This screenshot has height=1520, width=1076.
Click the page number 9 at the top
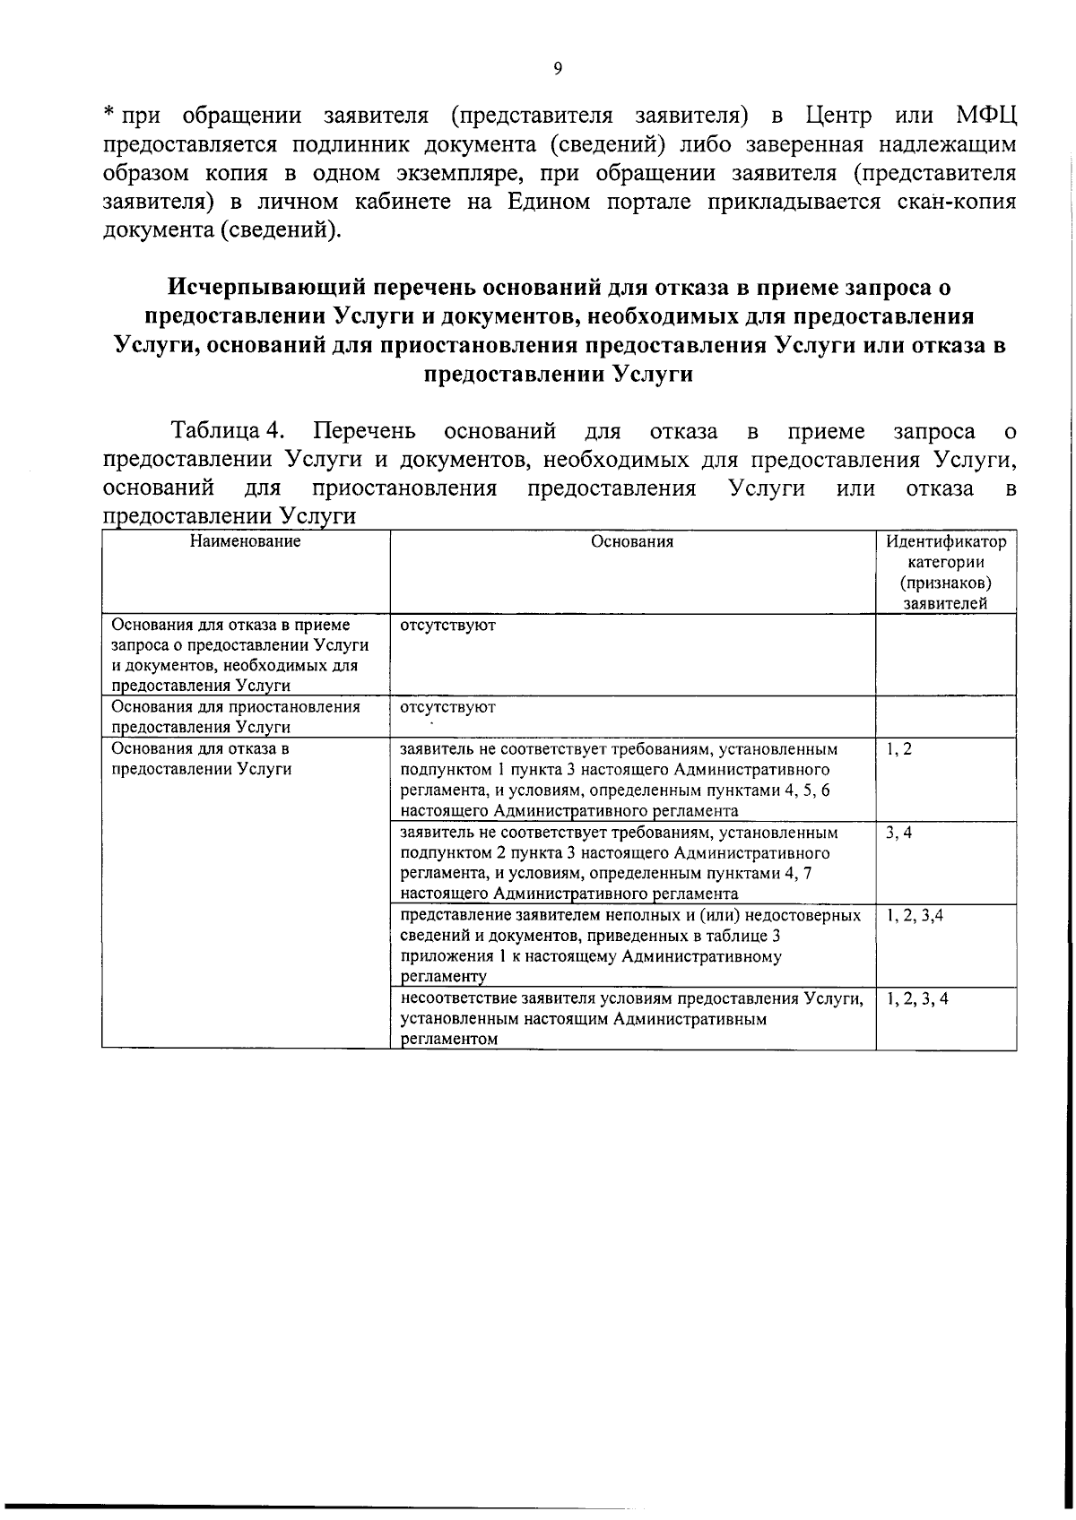click(x=558, y=69)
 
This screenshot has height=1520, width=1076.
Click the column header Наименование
click(x=245, y=541)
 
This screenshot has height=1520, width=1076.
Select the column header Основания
click(x=632, y=541)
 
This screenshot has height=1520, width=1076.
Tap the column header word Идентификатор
click(x=946, y=542)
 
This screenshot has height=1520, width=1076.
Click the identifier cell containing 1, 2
click(x=898, y=749)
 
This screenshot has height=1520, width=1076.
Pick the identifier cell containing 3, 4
click(x=898, y=833)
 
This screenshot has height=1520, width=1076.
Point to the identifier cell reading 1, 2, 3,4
click(x=915, y=916)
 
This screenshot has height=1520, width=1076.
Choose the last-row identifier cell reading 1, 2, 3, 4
click(x=917, y=999)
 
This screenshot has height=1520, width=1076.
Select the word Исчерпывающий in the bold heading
click(x=265, y=288)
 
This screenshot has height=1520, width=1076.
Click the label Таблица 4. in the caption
click(x=229, y=432)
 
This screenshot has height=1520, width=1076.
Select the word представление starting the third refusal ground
click(x=456, y=916)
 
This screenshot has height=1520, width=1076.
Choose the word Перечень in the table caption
click(x=365, y=432)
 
